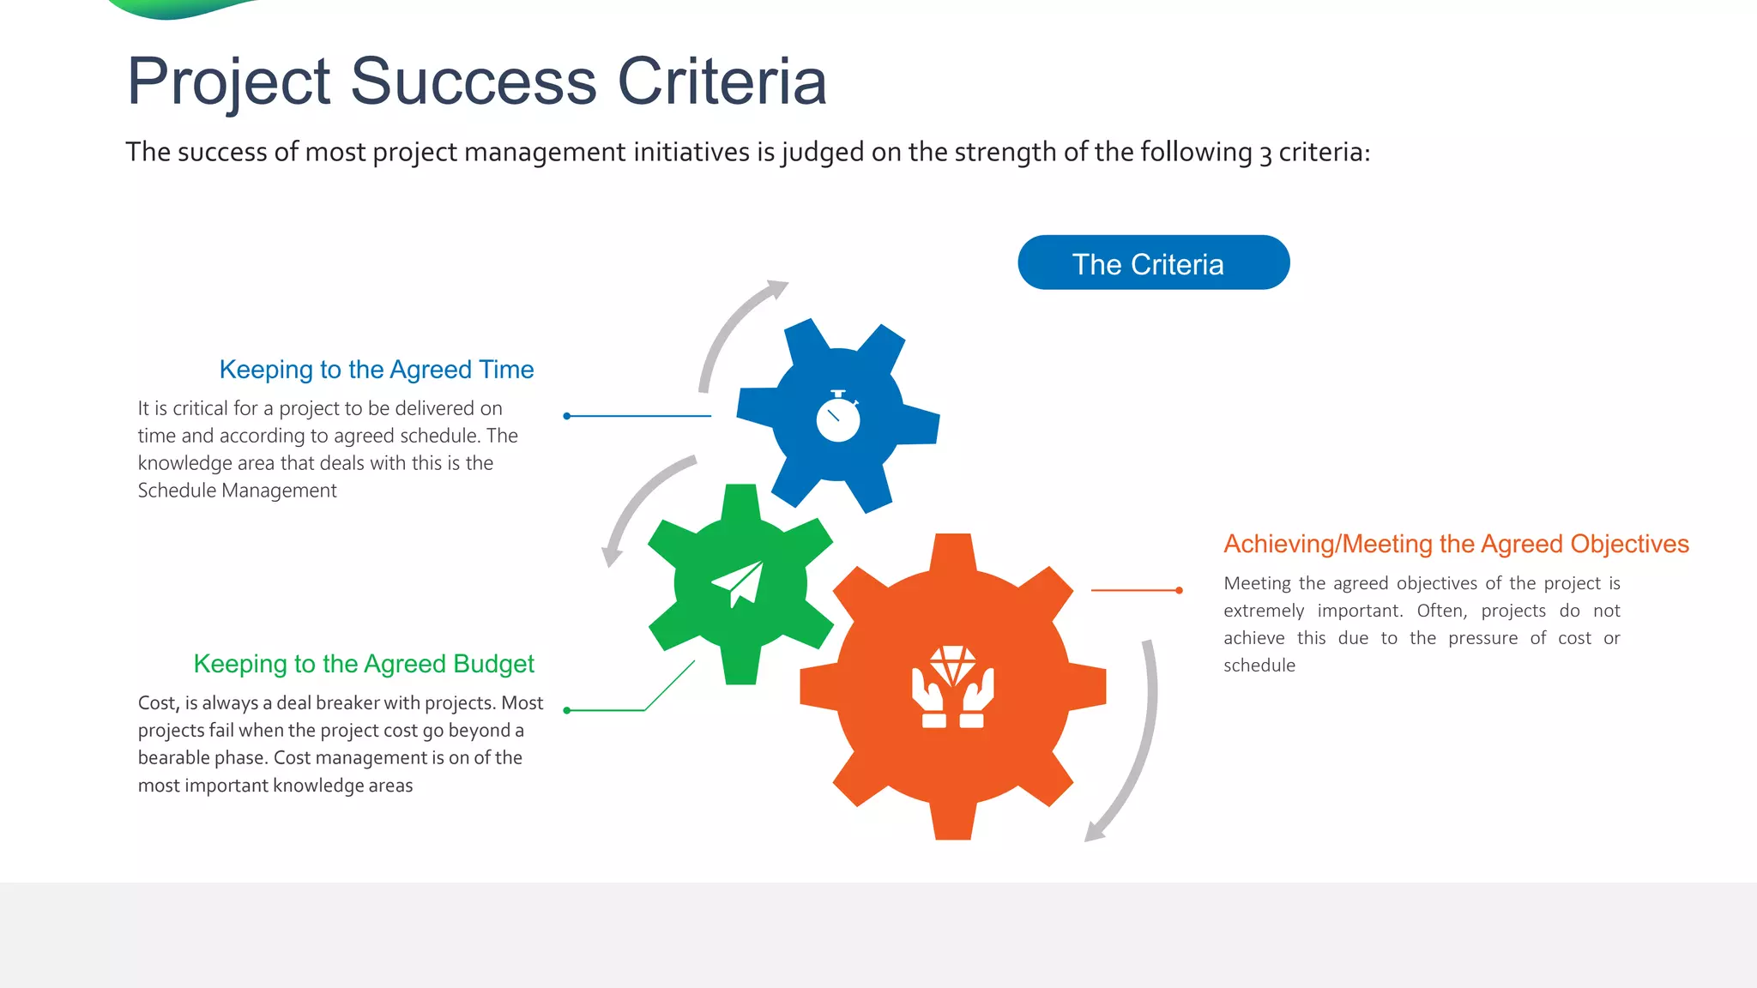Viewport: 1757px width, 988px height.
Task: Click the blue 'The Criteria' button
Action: point(1153,263)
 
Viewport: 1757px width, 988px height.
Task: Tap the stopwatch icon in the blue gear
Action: point(838,418)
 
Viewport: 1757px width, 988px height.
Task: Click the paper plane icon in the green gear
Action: point(740,583)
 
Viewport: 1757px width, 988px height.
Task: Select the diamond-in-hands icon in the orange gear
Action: point(952,687)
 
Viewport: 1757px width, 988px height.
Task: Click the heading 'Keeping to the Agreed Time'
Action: point(376,370)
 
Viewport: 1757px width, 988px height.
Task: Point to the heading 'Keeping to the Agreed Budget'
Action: point(364,664)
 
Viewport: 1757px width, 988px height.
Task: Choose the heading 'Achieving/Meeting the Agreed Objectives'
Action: point(1456,544)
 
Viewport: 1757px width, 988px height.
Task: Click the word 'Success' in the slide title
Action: point(473,81)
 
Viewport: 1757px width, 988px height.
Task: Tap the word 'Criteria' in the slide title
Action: point(722,81)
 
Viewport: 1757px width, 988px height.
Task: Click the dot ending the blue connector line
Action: point(567,416)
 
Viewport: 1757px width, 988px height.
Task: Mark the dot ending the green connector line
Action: point(567,710)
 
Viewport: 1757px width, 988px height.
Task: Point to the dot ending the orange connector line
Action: point(1179,590)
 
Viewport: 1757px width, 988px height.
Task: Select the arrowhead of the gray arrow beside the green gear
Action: point(611,557)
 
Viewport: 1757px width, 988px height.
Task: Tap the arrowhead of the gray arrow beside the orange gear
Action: point(1094,831)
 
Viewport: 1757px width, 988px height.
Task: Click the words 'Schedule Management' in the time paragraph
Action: point(237,491)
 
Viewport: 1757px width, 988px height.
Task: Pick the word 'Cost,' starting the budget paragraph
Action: point(158,703)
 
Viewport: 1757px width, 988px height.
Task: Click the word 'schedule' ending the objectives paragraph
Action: point(1259,666)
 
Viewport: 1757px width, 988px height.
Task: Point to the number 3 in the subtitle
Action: point(1265,154)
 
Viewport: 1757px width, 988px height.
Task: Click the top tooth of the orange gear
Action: point(952,551)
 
